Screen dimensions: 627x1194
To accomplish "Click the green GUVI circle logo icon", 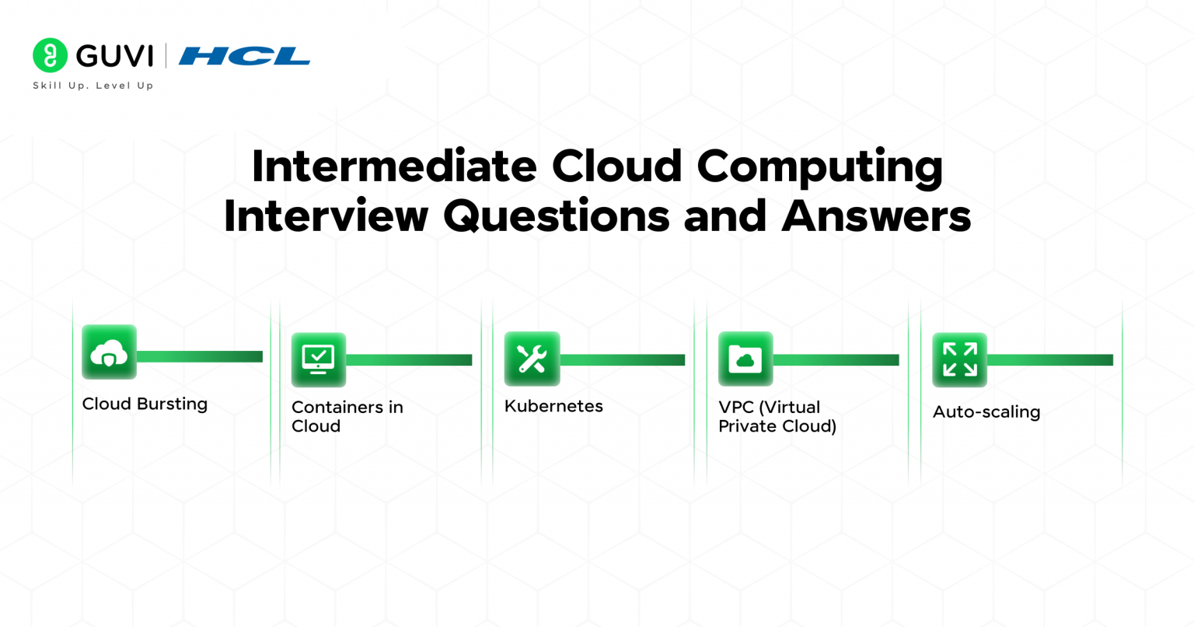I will (50, 55).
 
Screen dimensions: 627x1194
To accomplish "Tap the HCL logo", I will (244, 56).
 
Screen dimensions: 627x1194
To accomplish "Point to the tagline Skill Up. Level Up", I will (93, 86).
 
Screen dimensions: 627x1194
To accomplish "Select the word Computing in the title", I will (819, 167).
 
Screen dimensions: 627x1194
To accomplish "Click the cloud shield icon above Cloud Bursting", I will (110, 352).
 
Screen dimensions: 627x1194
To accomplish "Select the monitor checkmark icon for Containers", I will (319, 359).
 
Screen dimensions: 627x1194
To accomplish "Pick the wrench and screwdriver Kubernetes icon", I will (532, 359).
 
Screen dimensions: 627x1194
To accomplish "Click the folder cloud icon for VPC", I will (745, 359).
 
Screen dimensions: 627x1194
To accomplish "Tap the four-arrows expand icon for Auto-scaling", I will (959, 359).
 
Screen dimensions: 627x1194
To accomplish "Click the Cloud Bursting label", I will (145, 404).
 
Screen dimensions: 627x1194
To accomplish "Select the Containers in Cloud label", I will (347, 416).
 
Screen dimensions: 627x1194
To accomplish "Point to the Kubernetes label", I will (553, 406).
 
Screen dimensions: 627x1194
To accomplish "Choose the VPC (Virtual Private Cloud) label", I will (777, 416).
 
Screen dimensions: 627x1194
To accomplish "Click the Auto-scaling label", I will (986, 412).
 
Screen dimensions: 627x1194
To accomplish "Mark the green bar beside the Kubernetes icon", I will (623, 359).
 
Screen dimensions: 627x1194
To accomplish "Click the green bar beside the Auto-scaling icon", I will (1050, 359).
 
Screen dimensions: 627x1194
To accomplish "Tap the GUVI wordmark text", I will (114, 56).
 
